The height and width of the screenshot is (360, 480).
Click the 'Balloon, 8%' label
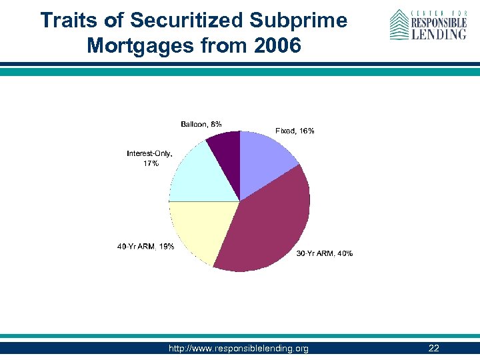pos(201,124)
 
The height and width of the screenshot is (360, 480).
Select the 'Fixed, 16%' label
pos(295,131)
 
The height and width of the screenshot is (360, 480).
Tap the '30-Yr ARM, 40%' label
pos(324,253)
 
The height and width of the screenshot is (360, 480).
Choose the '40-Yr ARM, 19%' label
pos(145,247)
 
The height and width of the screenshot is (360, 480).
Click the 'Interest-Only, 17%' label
pos(151,159)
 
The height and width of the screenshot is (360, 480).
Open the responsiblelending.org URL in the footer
pos(239,349)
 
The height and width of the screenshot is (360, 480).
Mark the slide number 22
pos(433,349)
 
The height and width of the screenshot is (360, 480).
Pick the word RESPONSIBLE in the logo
pos(438,22)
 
